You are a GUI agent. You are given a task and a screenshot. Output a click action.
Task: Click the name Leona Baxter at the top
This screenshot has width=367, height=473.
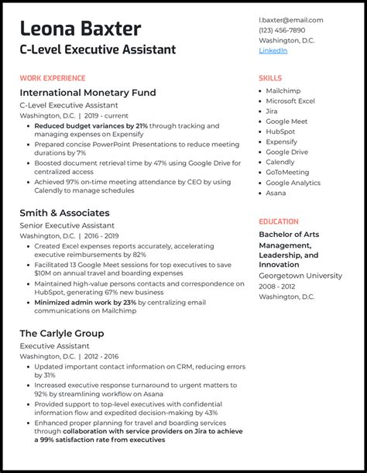click(x=81, y=29)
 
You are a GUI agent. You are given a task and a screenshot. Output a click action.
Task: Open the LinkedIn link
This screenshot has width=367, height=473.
click(x=273, y=50)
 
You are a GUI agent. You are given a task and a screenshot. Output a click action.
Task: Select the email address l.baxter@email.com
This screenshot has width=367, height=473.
click(x=290, y=20)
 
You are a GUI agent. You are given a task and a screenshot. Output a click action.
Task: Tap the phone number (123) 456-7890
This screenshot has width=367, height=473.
click(x=282, y=30)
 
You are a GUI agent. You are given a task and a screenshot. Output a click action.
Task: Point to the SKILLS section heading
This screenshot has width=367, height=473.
click(x=270, y=78)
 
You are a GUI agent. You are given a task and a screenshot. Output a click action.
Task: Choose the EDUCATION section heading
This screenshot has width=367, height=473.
click(x=279, y=221)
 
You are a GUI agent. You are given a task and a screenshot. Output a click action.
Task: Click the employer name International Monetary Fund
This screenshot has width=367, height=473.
click(x=87, y=93)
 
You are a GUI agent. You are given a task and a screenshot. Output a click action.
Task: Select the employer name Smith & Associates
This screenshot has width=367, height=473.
click(x=64, y=213)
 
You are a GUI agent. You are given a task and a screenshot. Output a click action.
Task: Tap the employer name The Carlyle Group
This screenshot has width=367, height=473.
click(x=62, y=334)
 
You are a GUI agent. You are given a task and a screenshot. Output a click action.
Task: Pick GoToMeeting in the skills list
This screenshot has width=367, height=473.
click(x=287, y=173)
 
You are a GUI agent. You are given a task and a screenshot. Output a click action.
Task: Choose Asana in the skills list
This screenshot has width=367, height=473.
click(x=276, y=193)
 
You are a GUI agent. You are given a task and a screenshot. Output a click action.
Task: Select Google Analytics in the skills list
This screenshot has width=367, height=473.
click(x=293, y=183)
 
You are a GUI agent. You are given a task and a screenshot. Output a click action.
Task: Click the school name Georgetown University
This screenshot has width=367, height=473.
click(x=300, y=276)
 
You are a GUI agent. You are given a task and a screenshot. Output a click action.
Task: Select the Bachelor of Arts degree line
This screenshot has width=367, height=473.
click(x=289, y=235)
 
